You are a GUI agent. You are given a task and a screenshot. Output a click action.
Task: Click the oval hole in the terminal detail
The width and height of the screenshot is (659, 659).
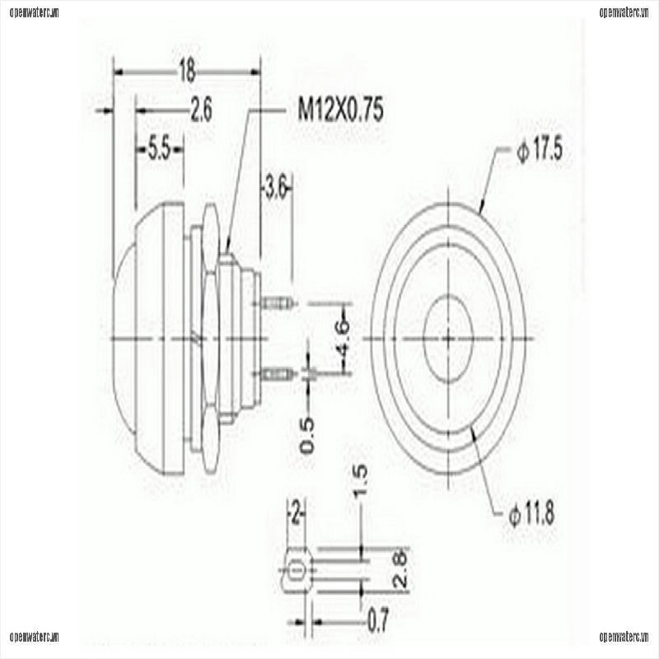(297, 568)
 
